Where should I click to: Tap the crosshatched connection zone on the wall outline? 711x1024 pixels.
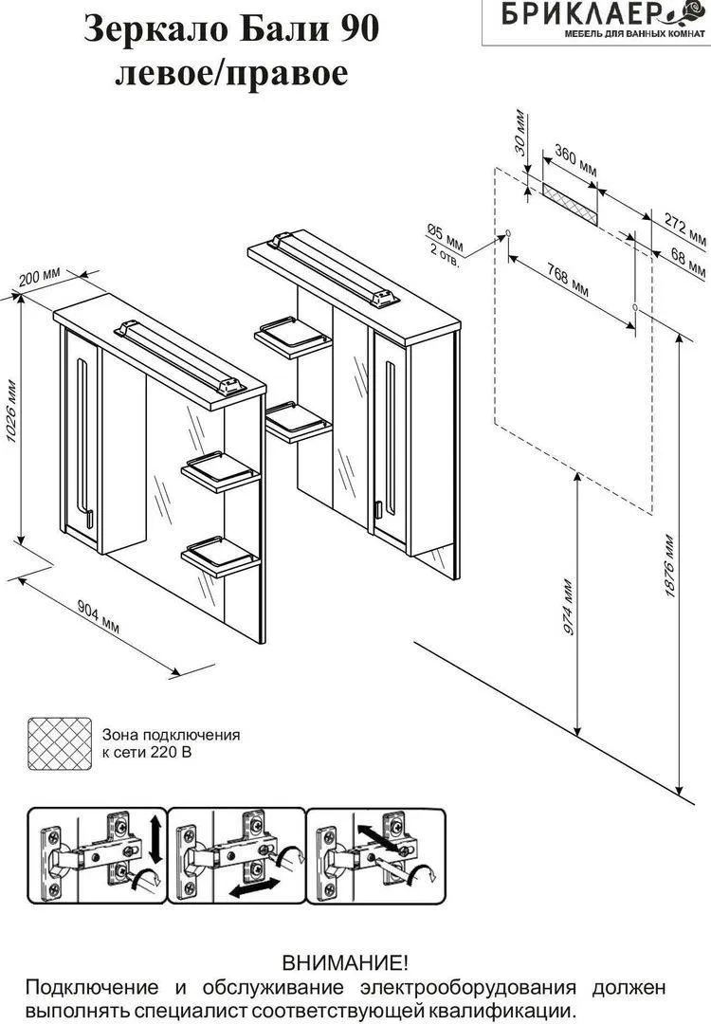570,201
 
